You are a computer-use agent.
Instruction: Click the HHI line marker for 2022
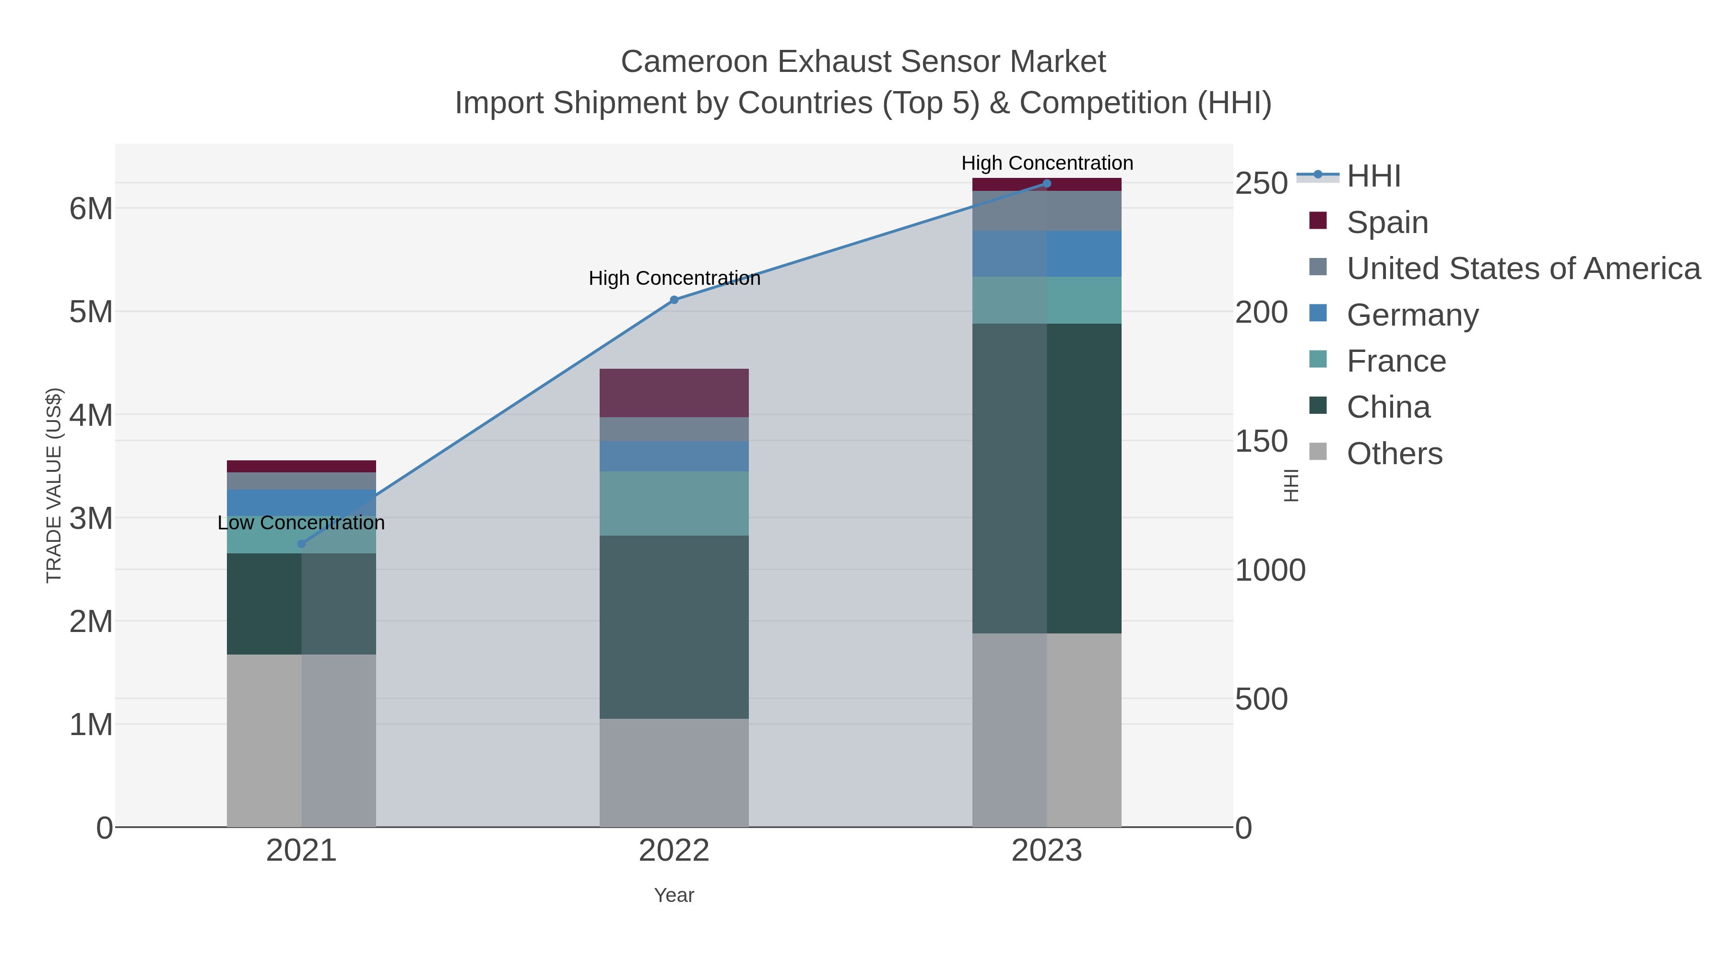tap(674, 300)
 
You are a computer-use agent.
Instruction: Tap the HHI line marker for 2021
tap(301, 543)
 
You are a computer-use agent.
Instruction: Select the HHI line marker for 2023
tap(1047, 184)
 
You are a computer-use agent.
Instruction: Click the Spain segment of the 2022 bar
tap(674, 393)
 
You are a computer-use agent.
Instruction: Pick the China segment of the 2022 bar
tap(674, 627)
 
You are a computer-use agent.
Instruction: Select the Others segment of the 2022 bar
tap(674, 772)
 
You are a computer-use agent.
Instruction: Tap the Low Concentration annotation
tap(301, 523)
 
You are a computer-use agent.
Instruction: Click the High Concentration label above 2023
tap(1047, 163)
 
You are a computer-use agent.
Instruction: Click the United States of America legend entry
tap(1523, 268)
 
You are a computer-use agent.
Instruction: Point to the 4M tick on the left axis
tap(91, 415)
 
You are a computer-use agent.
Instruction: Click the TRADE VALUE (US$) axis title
tap(54, 485)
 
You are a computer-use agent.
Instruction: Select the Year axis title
tap(674, 895)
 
